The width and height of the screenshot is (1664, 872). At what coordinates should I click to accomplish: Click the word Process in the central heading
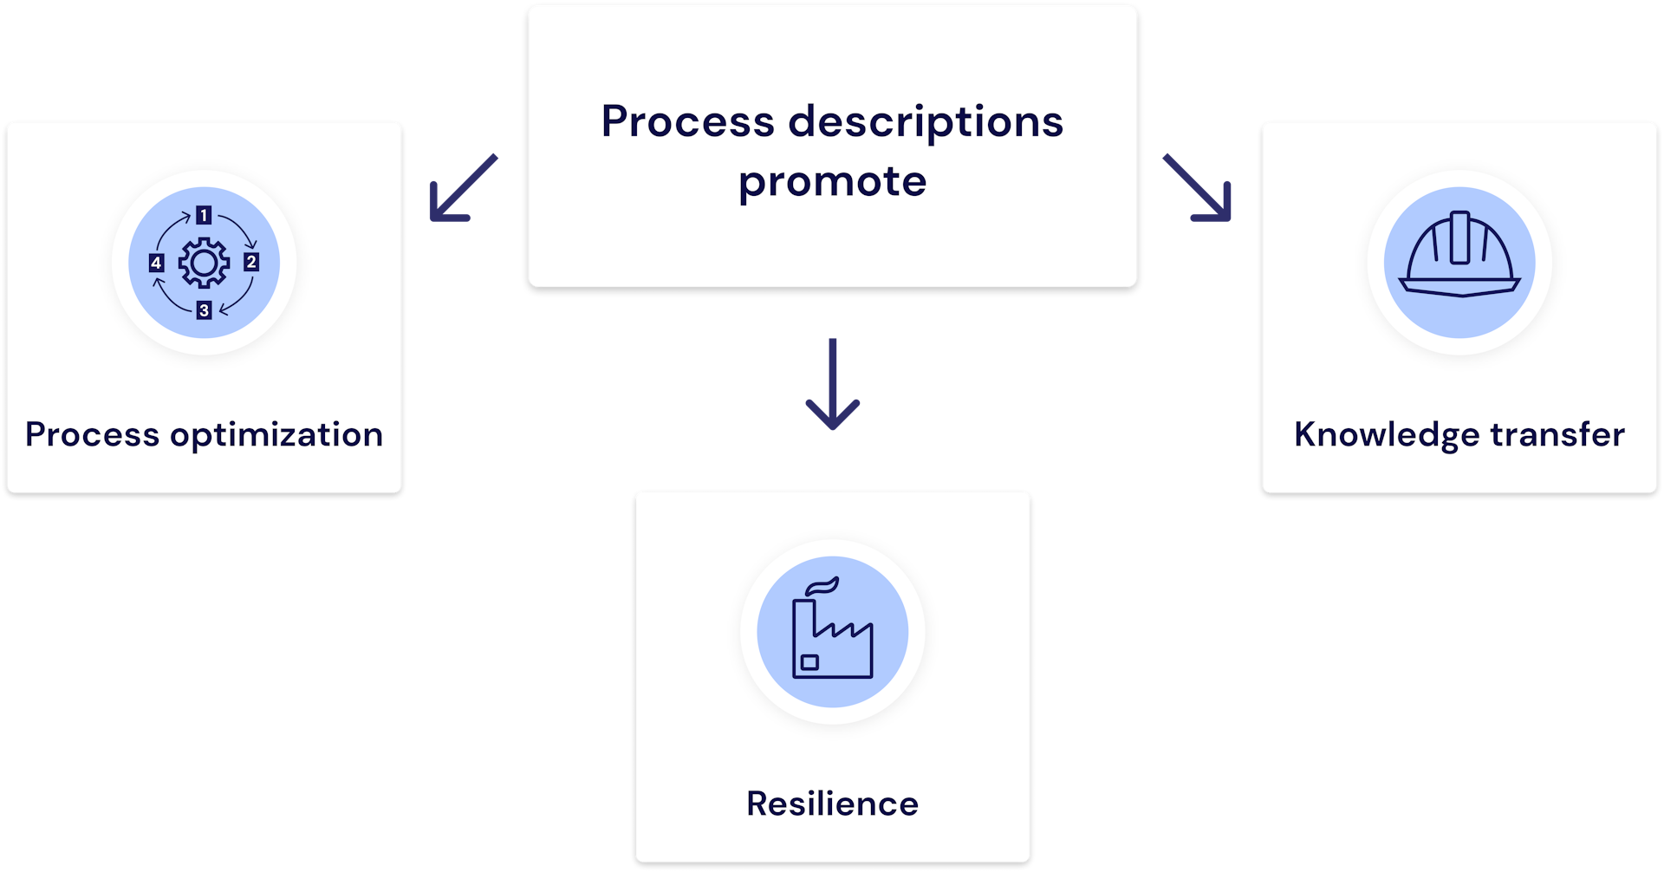click(687, 121)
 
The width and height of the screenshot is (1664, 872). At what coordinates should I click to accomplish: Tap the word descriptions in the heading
click(925, 123)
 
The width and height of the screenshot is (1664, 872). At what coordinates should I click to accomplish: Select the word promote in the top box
click(832, 182)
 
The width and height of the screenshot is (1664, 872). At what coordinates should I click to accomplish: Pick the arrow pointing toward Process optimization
click(463, 188)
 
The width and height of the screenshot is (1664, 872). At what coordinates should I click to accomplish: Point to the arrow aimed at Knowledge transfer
click(1198, 188)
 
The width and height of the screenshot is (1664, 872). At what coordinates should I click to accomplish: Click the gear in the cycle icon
click(204, 263)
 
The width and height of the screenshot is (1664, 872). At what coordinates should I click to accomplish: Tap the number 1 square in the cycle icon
click(204, 215)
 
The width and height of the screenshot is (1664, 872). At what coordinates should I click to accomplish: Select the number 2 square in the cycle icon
click(251, 262)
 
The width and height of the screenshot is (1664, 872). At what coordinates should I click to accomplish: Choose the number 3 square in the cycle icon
click(204, 309)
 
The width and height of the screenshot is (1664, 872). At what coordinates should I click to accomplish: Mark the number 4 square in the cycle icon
click(156, 263)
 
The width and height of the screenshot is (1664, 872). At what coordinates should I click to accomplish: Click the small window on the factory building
click(809, 662)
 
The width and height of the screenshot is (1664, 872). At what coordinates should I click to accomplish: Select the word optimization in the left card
click(276, 435)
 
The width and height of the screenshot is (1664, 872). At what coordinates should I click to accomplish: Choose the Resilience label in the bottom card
click(832, 804)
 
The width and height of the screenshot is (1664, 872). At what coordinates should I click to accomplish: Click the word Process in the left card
click(92, 434)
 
